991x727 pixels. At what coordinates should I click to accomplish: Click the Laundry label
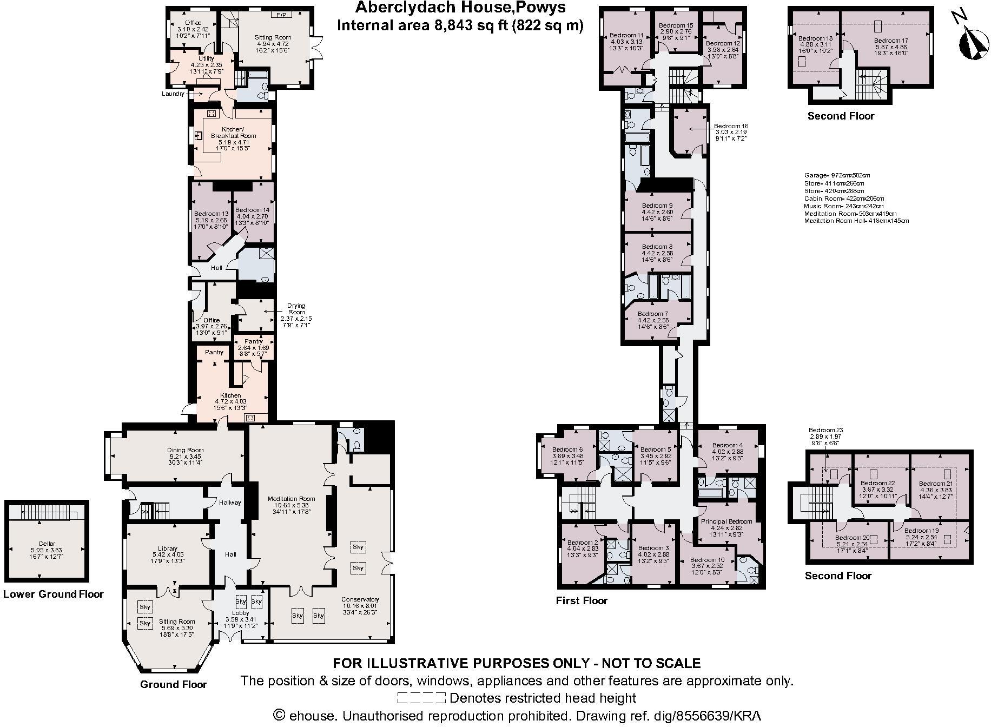click(x=173, y=94)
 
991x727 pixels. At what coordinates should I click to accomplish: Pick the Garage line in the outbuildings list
click(x=837, y=175)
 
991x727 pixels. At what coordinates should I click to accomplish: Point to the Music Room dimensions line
click(x=843, y=206)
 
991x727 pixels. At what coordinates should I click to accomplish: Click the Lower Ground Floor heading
click(x=53, y=594)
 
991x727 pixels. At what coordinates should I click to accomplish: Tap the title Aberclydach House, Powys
click(x=460, y=8)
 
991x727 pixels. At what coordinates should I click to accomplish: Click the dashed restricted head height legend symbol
click(x=421, y=698)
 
